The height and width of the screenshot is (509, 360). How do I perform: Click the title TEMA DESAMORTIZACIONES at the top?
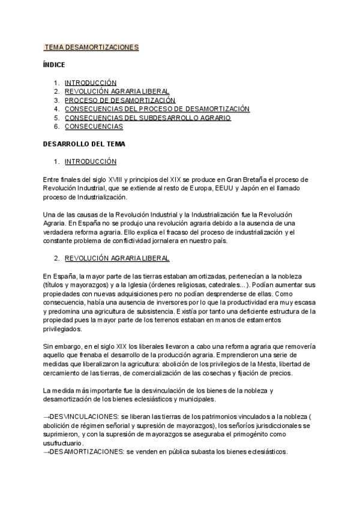[x=91, y=47]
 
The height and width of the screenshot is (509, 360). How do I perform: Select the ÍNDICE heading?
[x=54, y=64]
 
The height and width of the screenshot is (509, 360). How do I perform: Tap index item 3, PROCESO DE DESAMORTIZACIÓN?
[x=119, y=100]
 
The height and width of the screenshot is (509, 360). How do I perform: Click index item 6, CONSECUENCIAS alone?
[x=94, y=127]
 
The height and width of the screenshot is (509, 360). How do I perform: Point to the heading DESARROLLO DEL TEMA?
[x=84, y=144]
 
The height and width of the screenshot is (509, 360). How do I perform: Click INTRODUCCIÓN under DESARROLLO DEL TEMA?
[x=90, y=161]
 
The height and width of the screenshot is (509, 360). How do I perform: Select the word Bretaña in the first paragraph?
[x=256, y=179]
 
